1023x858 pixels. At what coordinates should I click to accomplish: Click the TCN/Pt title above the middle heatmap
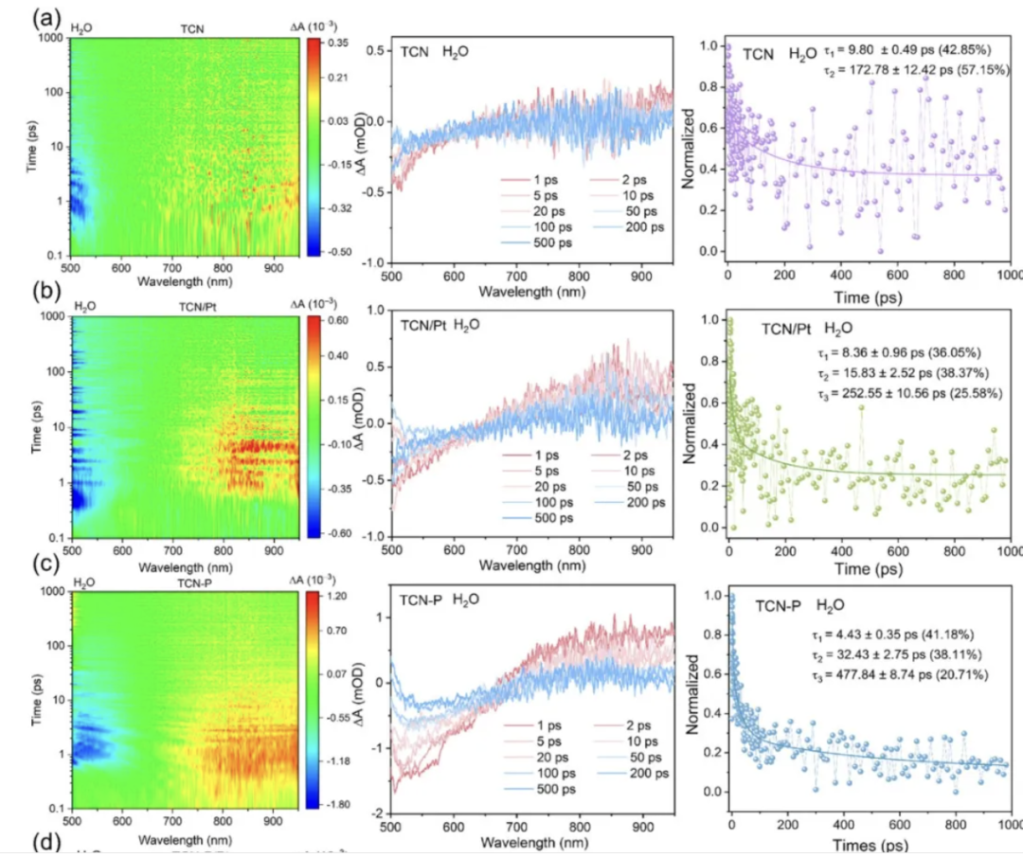[x=195, y=306]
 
